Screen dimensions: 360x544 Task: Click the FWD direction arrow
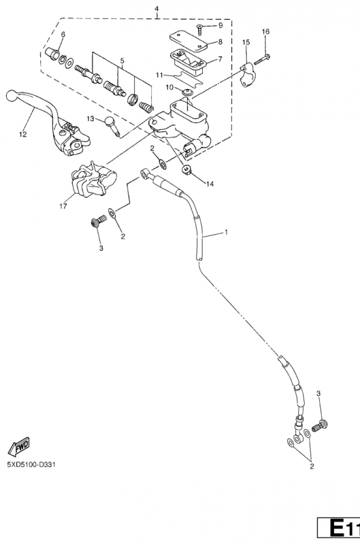tap(19, 447)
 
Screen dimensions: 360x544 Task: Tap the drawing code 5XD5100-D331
tap(31, 464)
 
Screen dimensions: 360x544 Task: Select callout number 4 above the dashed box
tap(157, 8)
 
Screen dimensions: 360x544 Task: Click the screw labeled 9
tap(201, 29)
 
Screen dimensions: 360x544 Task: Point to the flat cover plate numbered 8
tap(188, 41)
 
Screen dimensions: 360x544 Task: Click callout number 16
tap(265, 31)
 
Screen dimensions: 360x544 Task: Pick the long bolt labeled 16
tap(262, 60)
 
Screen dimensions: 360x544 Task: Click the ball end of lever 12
tap(11, 95)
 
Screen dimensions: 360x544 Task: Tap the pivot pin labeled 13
tap(112, 126)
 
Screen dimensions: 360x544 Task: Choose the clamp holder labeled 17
tap(93, 179)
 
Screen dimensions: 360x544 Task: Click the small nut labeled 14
tap(187, 170)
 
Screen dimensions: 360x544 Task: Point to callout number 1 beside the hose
tap(227, 232)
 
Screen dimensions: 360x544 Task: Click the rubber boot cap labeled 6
tap(52, 53)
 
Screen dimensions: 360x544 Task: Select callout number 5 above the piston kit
tap(122, 61)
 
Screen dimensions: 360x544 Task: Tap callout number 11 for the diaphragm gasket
tap(159, 75)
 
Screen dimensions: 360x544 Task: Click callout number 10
tap(169, 88)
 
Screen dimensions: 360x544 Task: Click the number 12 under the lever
tap(23, 134)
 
